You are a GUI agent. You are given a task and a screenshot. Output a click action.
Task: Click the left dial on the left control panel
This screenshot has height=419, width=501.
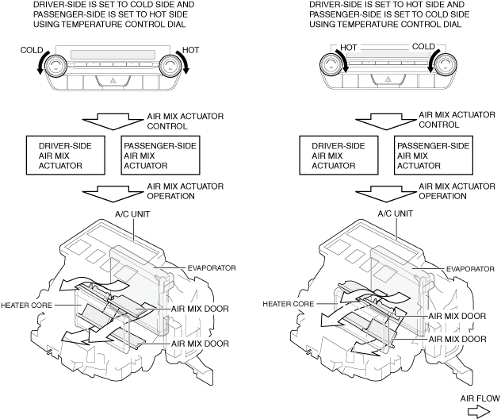click(57, 64)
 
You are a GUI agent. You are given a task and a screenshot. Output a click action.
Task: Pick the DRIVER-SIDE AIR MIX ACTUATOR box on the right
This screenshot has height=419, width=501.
click(342, 156)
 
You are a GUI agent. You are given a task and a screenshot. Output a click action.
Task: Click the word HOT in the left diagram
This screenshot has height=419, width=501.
click(192, 49)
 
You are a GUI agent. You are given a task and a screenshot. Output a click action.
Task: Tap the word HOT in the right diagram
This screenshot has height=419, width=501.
click(350, 47)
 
